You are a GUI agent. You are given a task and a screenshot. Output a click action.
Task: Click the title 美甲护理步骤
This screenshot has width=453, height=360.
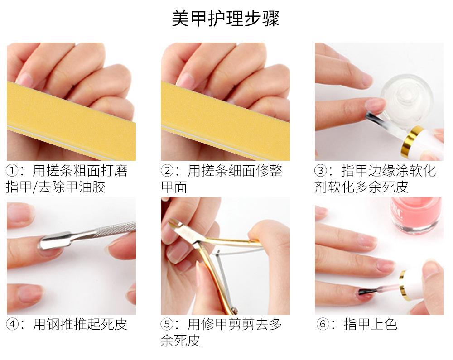click(x=225, y=19)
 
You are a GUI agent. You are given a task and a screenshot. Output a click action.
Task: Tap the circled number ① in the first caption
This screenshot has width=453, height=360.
click(x=12, y=170)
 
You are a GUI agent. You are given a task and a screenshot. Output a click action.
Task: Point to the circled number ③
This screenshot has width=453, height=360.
click(x=321, y=170)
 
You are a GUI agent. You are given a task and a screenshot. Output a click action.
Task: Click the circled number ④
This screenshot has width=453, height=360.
click(x=13, y=324)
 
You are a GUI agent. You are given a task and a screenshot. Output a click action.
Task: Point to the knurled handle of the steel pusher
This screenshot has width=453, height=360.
click(x=116, y=229)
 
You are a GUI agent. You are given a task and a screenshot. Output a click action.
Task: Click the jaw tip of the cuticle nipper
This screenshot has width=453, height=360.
click(x=173, y=222)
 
